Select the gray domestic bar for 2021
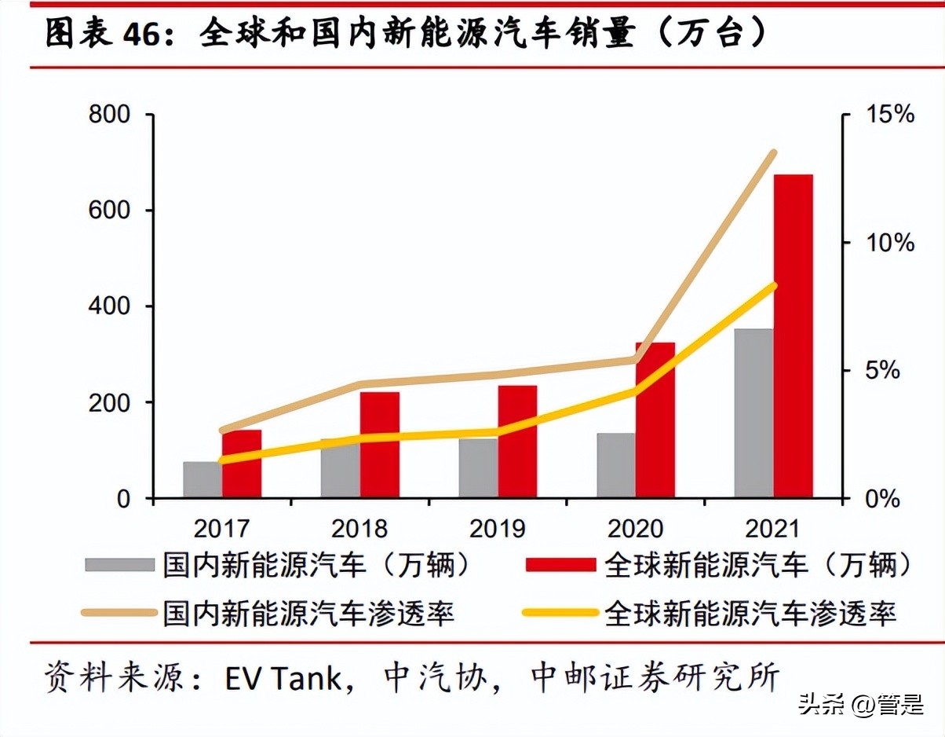(753, 413)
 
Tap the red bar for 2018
(380, 445)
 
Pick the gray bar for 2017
(202, 479)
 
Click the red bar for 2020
(655, 420)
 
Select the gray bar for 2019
(478, 468)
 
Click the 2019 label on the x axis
(497, 528)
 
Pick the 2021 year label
(772, 528)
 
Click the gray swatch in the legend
(119, 565)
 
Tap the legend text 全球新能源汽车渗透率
(750, 613)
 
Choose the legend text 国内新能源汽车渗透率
(308, 613)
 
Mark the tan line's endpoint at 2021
(773, 153)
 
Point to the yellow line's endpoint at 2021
(773, 285)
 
